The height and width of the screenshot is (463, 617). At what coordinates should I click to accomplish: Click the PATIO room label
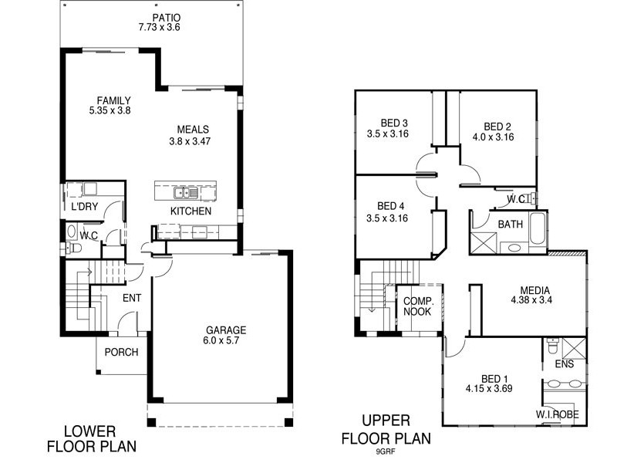tap(152, 16)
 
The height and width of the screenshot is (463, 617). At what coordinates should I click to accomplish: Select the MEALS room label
tap(193, 129)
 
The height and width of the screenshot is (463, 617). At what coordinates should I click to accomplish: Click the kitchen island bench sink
tap(184, 192)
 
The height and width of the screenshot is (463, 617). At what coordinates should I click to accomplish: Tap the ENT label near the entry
tap(132, 297)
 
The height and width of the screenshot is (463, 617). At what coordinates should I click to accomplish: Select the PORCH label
tap(121, 352)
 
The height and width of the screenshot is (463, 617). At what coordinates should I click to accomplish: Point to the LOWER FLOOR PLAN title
tap(91, 438)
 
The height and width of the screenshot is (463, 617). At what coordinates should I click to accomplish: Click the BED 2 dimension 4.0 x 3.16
tap(493, 137)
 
